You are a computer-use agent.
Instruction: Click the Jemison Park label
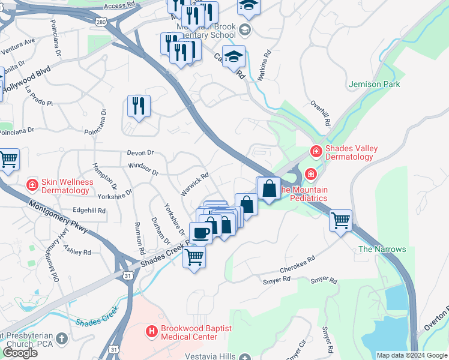[x=374, y=85]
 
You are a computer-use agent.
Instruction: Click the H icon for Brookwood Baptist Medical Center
[x=152, y=330]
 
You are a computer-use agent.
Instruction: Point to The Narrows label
[x=382, y=249]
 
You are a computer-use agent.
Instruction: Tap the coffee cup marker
[x=200, y=232]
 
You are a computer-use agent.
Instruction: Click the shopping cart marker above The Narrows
[x=340, y=220]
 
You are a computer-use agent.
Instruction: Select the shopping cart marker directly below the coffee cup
[x=194, y=257]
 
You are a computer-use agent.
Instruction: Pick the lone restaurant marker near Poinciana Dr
[x=139, y=106]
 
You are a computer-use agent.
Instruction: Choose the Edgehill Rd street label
[x=89, y=211]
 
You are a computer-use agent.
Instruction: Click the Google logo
[x=20, y=352]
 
